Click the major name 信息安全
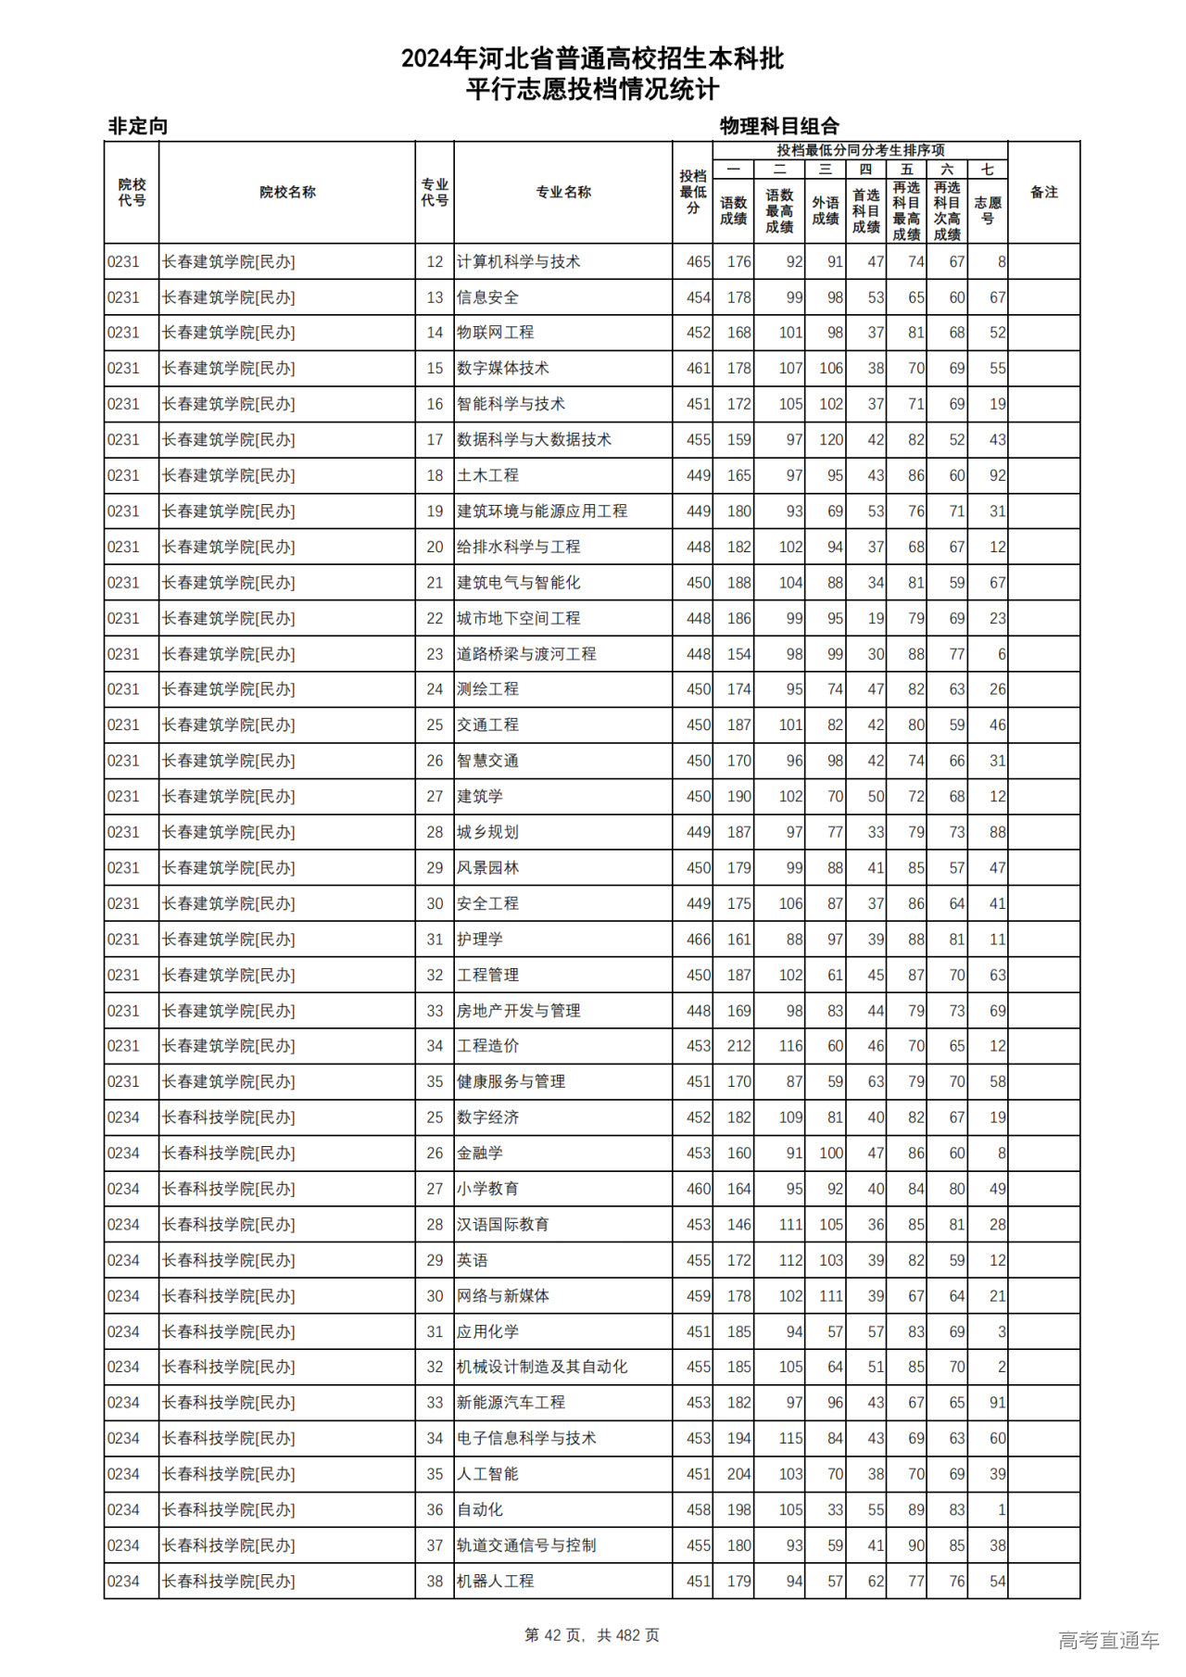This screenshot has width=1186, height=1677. pos(487,297)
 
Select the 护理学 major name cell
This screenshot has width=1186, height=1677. pos(480,939)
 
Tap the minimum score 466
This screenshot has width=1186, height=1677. pos(698,939)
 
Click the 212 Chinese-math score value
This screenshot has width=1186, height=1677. pos(738,1046)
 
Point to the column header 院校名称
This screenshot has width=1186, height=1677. pos(287,193)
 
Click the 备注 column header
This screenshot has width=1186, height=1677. pos(1043,193)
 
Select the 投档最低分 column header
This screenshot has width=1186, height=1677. pos(692,193)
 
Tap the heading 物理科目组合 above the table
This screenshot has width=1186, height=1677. pos(779,126)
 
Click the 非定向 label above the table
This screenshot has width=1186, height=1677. pos(138,126)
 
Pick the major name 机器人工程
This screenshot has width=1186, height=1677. pos(496,1581)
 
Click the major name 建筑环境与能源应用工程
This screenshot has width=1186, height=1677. pos(542,511)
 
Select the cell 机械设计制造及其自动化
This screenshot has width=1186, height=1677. pos(542,1367)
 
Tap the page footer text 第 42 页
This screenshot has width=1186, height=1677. pos(555,1635)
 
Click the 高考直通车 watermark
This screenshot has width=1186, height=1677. pos(1108,1640)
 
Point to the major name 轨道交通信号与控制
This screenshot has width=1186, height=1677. pos(526,1545)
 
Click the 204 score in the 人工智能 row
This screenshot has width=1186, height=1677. pos(738,1474)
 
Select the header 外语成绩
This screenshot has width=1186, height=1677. pos(825,210)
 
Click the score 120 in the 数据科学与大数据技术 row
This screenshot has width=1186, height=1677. pos(830,440)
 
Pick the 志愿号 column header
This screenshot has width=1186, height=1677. pos(988,210)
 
